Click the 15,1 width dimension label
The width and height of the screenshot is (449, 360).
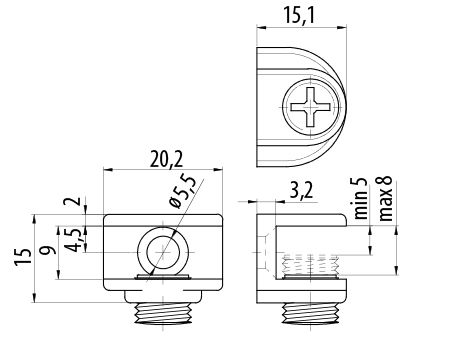click(x=299, y=16)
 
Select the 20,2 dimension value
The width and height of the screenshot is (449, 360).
click(x=166, y=160)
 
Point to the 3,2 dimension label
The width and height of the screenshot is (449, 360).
click(x=301, y=192)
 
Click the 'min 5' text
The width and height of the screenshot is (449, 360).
click(x=360, y=198)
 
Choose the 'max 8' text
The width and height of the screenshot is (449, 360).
click(x=385, y=199)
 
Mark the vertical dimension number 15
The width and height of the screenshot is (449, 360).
click(x=23, y=257)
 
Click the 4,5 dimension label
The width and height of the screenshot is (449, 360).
click(x=73, y=240)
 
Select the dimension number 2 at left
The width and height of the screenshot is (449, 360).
click(x=75, y=201)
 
